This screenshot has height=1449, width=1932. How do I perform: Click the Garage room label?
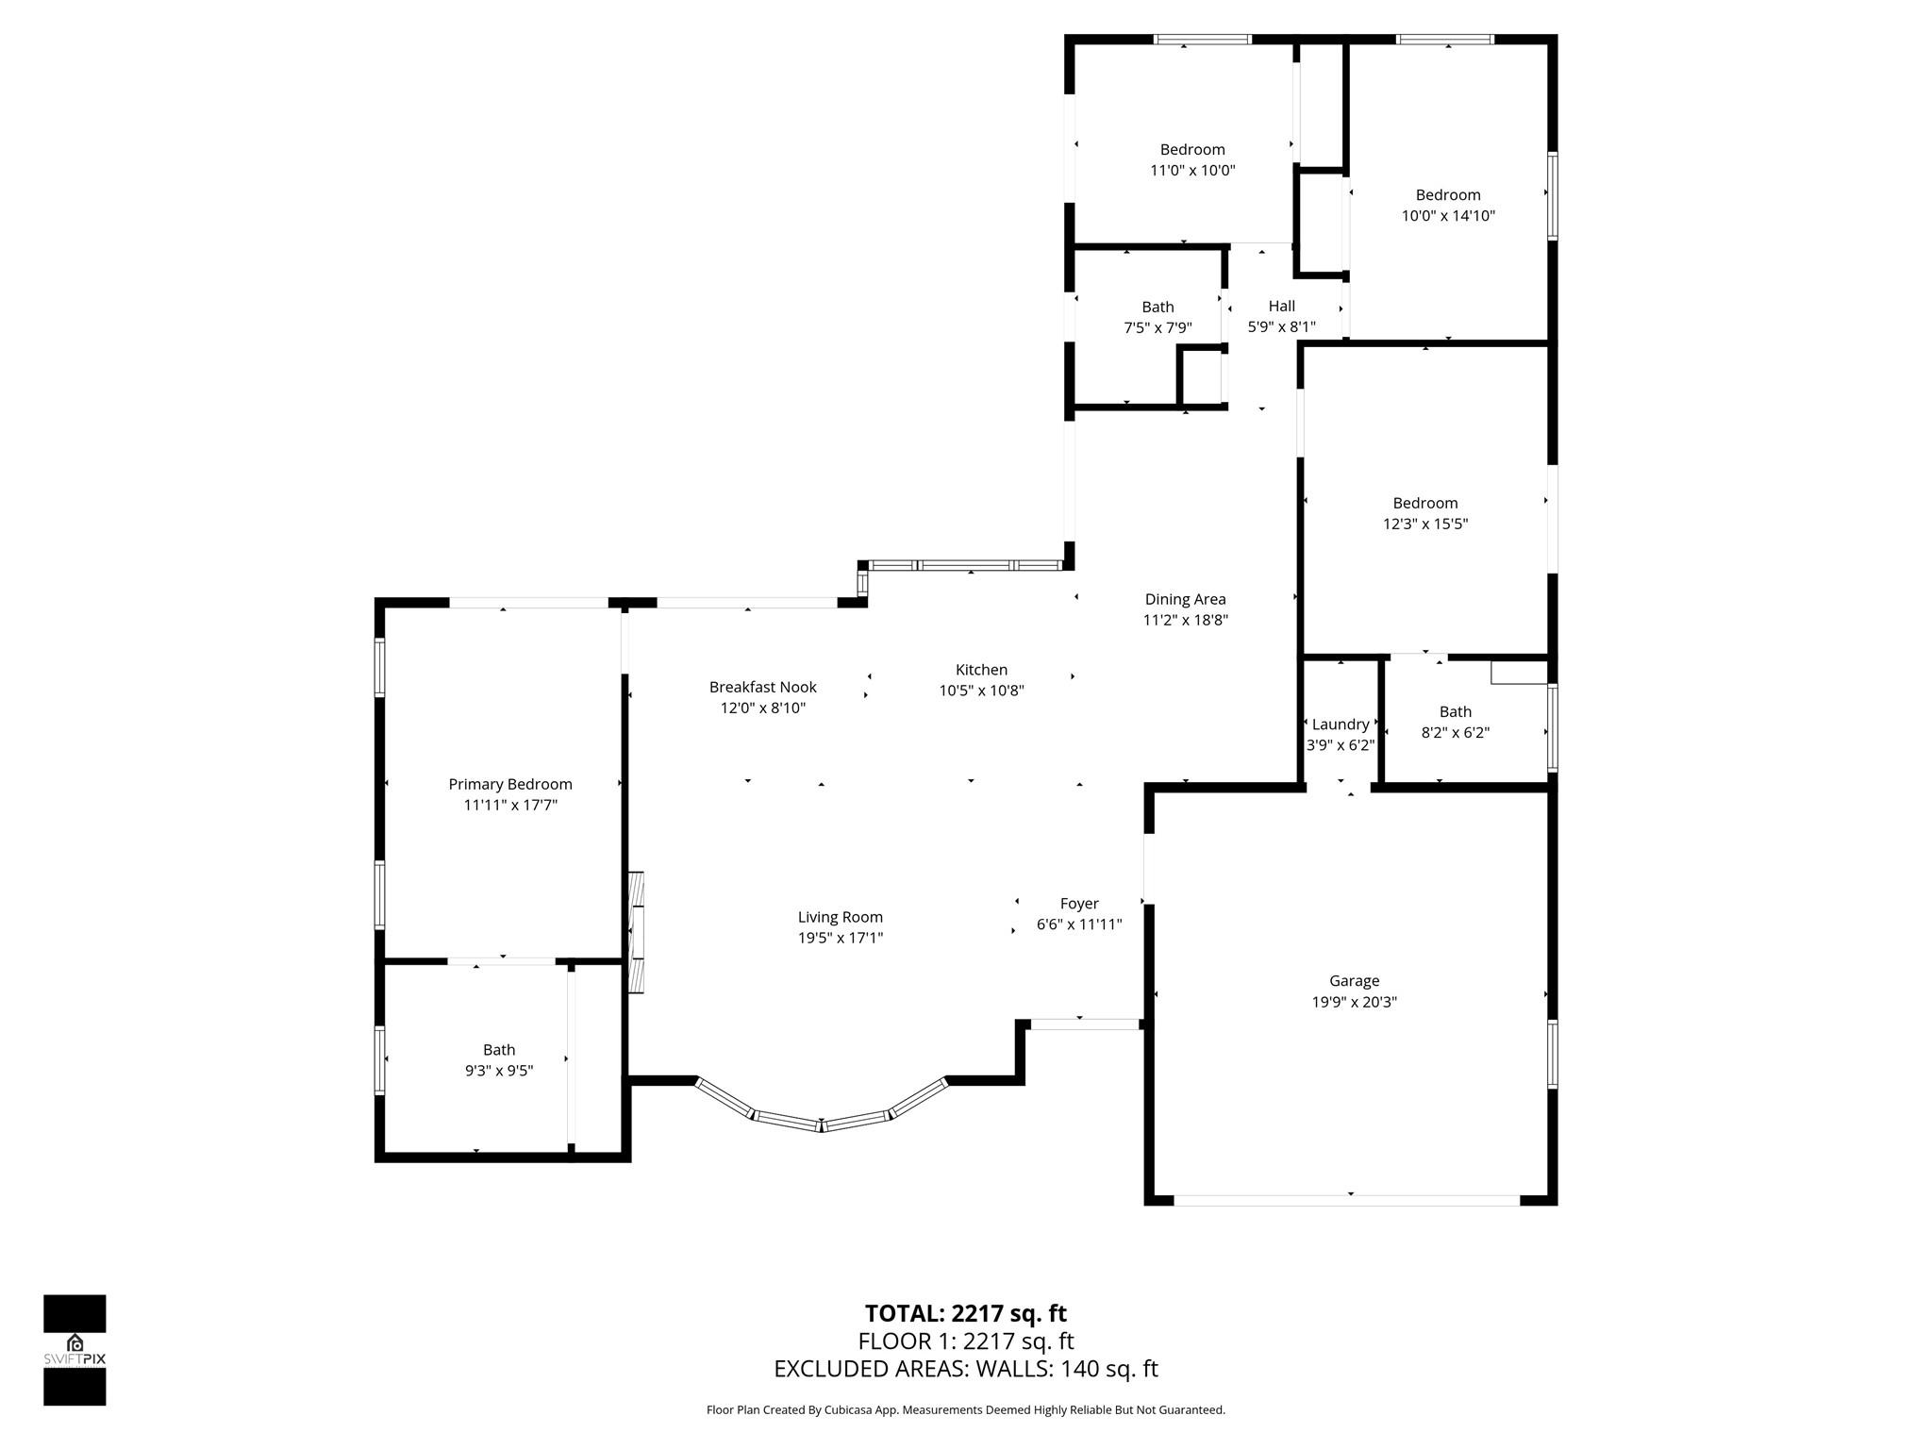tap(1354, 981)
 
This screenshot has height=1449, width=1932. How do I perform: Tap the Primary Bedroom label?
tap(510, 784)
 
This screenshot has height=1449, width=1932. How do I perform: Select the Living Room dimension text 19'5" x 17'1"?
tap(841, 938)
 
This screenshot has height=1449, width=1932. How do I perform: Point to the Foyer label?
tap(1079, 904)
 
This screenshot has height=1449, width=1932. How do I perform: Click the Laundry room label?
tap(1341, 724)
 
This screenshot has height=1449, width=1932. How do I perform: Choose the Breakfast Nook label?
tap(763, 687)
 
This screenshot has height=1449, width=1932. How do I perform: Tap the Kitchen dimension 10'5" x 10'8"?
tap(981, 691)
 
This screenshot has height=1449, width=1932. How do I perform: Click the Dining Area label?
tap(1186, 599)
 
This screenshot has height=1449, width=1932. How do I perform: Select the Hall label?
tap(1282, 306)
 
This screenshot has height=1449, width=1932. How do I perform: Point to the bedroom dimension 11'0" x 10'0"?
tap(1192, 171)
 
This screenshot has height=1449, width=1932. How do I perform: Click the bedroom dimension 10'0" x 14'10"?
tap(1448, 216)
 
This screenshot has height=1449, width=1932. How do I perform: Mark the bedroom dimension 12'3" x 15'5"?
tap(1425, 524)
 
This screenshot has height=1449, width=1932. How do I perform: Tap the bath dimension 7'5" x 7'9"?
tap(1158, 328)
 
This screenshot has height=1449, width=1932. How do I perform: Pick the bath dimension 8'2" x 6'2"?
tap(1456, 733)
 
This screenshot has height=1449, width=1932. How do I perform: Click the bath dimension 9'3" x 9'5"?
tap(499, 1071)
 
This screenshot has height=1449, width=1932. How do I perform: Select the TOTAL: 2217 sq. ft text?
tap(966, 1313)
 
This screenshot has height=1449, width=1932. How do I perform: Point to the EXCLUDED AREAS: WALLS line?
tap(966, 1369)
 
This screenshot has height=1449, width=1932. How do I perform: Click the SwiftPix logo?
tap(75, 1350)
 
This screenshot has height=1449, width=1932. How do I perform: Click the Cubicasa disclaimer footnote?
tap(966, 1410)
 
